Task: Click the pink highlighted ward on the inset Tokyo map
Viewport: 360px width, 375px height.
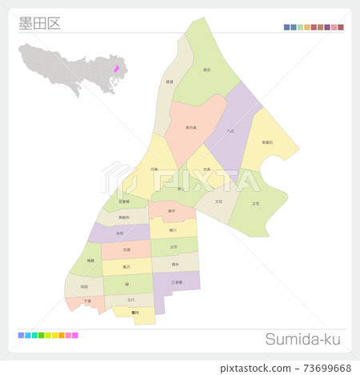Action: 116,69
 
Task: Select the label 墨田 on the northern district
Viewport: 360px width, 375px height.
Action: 207,70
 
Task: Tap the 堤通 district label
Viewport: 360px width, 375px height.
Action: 169,82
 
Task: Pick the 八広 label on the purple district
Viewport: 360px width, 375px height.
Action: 230,130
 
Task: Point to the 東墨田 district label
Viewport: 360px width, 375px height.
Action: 267,142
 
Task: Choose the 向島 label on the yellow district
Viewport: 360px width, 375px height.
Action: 154,169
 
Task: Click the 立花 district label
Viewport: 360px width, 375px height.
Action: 255,204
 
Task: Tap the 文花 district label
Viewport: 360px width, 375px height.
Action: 218,201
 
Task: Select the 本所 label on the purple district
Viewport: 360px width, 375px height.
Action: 119,233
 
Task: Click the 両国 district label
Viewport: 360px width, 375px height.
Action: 84,285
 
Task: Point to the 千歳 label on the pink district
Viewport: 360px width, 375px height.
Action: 87,301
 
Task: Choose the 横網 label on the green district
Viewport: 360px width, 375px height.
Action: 90,261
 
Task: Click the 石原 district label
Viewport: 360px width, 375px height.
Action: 126,250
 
